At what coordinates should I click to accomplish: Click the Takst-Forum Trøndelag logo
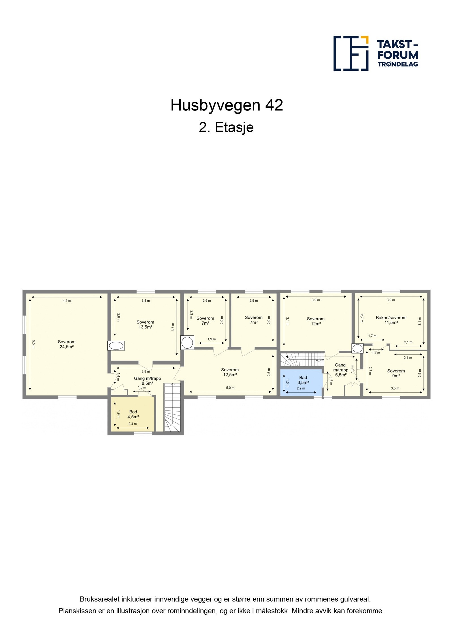pos(375,53)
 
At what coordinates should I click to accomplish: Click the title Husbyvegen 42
pos(226,105)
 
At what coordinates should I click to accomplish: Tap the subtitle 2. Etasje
pos(226,127)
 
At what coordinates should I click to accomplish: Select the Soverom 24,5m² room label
pos(67,344)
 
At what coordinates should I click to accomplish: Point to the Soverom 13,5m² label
pos(145,324)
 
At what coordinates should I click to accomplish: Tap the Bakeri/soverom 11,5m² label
pos(391,320)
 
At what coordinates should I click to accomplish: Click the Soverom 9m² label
pos(396,373)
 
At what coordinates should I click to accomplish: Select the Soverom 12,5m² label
pos(230,372)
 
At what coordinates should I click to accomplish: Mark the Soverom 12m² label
pos(315,321)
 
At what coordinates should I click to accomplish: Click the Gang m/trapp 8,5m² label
pos(147,381)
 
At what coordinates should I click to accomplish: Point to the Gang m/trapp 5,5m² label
pos(340,370)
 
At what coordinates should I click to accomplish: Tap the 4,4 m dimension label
pos(67,301)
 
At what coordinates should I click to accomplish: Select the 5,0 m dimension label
pos(230,388)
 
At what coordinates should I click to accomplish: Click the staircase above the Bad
pos(302,360)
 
